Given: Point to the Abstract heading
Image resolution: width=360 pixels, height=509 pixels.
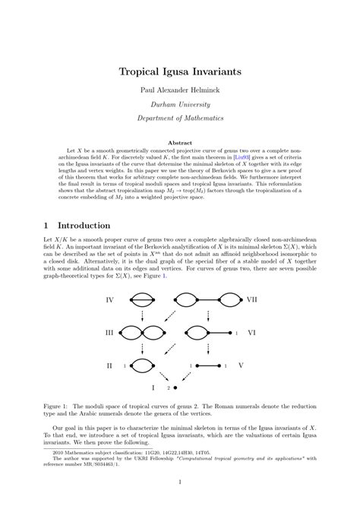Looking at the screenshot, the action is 180,143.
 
